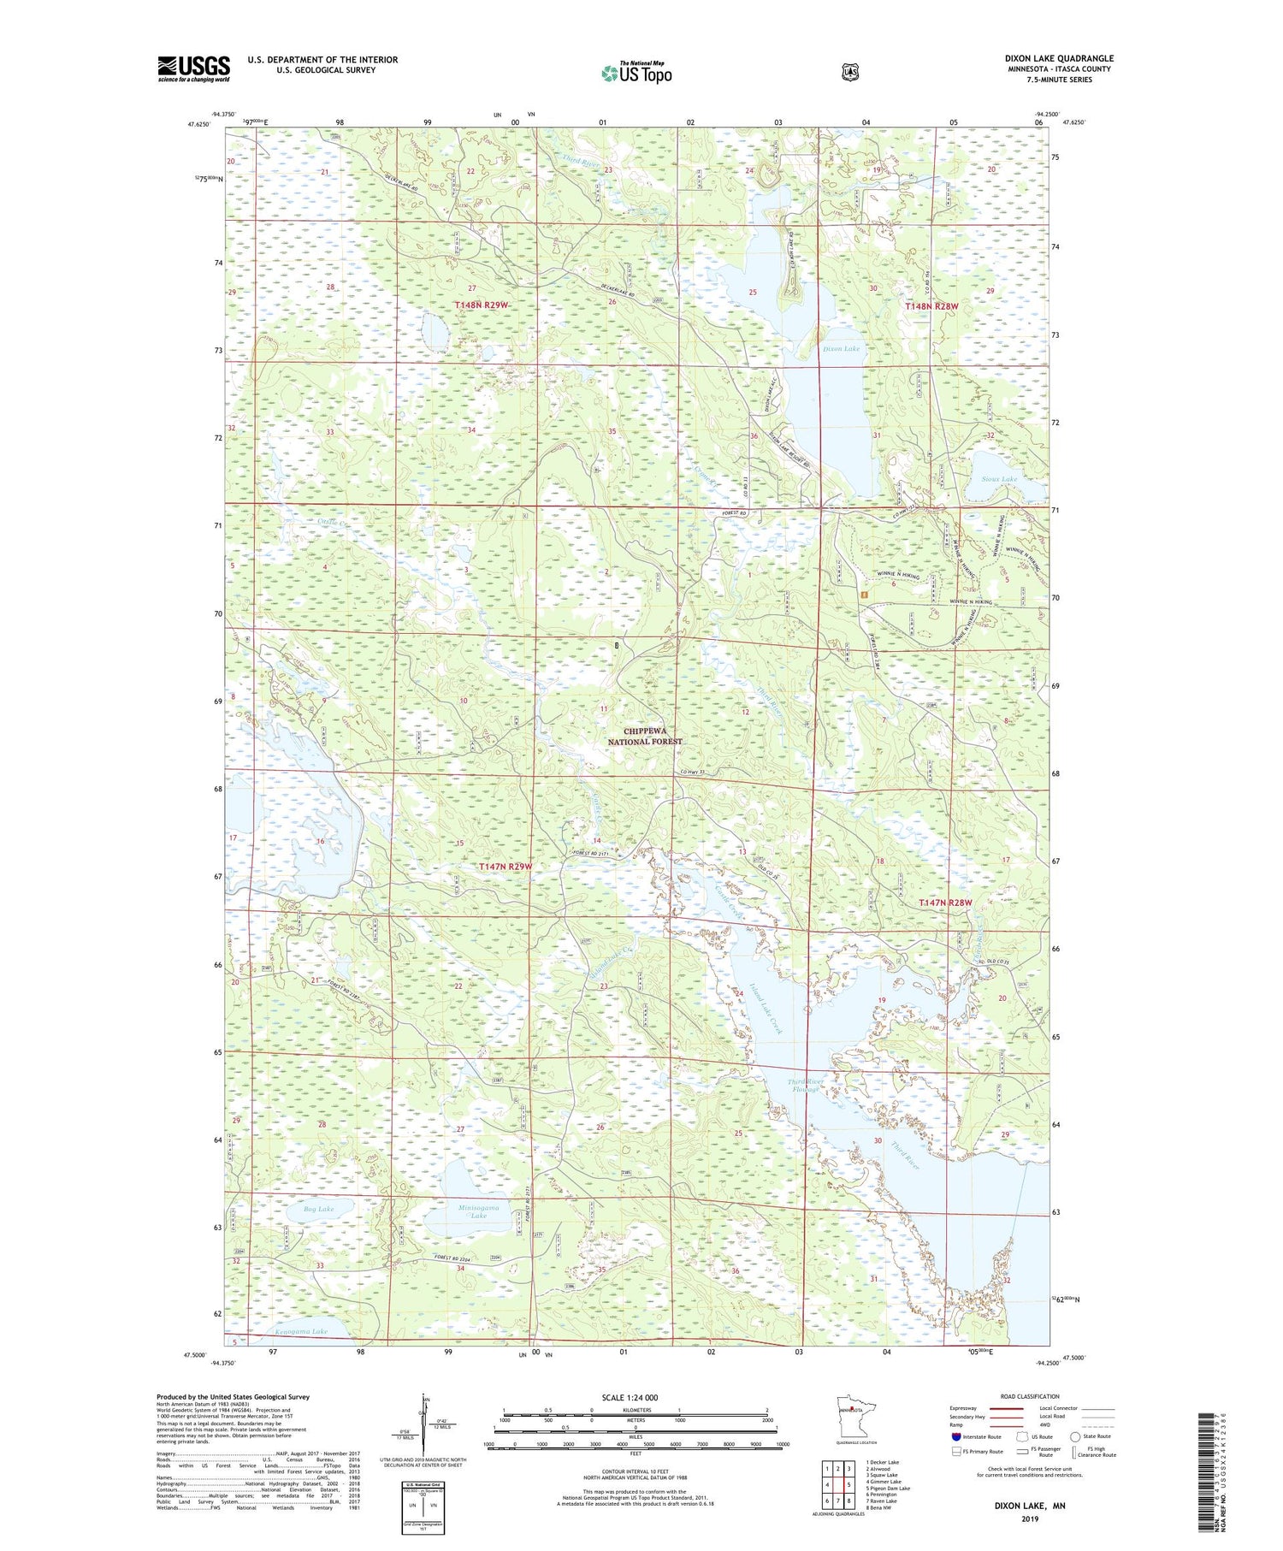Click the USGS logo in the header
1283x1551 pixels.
[x=193, y=68]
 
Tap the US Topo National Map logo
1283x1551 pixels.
[x=636, y=73]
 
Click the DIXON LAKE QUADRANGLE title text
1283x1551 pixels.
[x=1059, y=59]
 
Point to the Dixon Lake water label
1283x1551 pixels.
[x=841, y=349]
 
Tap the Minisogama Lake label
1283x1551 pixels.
[x=478, y=1211]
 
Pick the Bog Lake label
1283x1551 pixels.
[x=318, y=1209]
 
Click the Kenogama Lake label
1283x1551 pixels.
[x=301, y=1331]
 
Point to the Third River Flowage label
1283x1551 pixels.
[x=804, y=1086]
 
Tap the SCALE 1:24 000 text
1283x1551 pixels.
[x=630, y=1397]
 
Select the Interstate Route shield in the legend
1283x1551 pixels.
[x=956, y=1436]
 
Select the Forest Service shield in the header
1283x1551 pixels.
[x=848, y=72]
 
